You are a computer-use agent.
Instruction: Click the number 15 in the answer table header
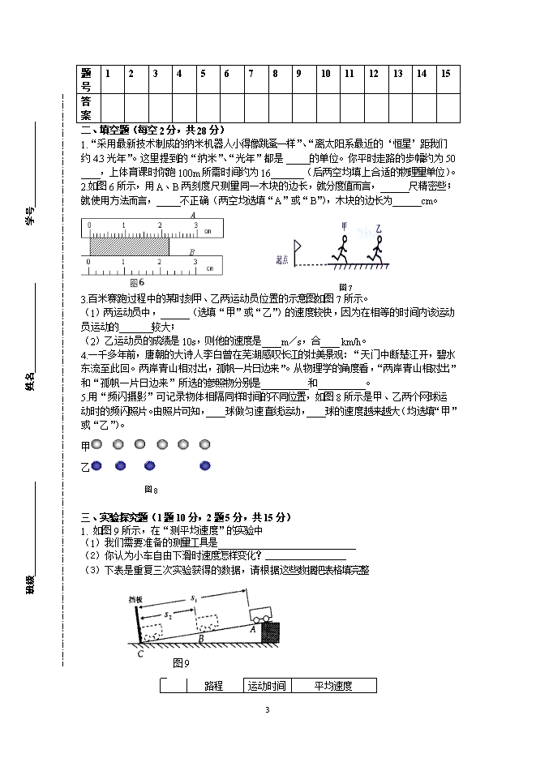(446, 74)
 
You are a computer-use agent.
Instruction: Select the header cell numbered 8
(276, 74)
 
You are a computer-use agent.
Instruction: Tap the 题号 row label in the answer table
(87, 79)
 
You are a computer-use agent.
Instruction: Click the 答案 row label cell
(87, 107)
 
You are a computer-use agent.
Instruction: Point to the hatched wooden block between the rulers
(129, 242)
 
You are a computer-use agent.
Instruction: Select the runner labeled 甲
(342, 245)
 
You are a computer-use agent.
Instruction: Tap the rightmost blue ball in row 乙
(205, 465)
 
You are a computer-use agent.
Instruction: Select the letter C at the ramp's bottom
(140, 653)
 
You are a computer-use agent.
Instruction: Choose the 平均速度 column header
(333, 686)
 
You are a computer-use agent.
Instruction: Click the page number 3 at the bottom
(266, 711)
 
